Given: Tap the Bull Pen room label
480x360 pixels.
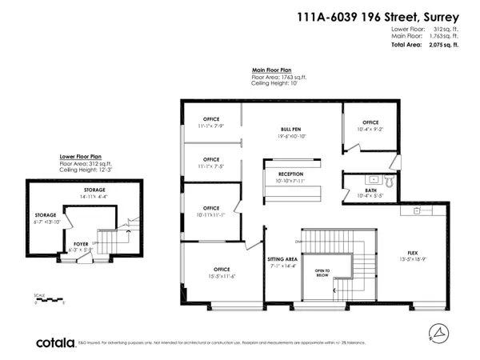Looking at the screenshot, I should (x=290, y=129).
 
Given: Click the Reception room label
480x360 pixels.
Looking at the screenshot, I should (x=290, y=174).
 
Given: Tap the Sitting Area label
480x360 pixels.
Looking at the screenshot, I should (x=282, y=260).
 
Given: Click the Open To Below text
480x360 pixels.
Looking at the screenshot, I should (x=322, y=272).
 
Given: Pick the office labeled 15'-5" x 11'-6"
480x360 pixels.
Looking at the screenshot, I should (x=221, y=269).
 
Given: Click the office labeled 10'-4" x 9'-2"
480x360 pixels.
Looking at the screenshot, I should (x=370, y=122).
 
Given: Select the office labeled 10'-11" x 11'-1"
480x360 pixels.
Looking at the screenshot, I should (x=211, y=209).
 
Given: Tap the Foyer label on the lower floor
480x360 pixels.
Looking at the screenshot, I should (x=81, y=243).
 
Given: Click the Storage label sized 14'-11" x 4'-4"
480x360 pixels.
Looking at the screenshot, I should (x=95, y=190).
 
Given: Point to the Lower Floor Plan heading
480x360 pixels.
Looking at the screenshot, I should (x=80, y=157).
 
